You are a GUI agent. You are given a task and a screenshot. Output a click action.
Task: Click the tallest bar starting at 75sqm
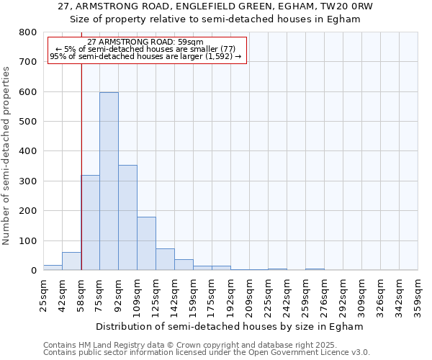pyautogui.click(x=109, y=181)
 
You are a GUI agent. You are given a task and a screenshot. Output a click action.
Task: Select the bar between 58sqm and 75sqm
pyautogui.click(x=90, y=222)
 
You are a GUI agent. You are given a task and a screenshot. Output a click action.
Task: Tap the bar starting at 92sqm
pyautogui.click(x=127, y=217)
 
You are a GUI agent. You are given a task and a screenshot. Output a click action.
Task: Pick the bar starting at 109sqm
pyautogui.click(x=146, y=243)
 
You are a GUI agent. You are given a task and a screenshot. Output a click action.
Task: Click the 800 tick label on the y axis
pyautogui.click(x=28, y=32)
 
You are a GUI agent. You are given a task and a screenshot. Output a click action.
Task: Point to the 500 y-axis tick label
pyautogui.click(x=28, y=122)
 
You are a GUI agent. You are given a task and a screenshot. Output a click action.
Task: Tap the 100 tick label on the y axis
pyautogui.click(x=28, y=240)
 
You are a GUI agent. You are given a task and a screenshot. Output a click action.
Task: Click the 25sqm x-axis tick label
pyautogui.click(x=44, y=296)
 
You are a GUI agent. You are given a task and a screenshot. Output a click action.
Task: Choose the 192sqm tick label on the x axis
pyautogui.click(x=230, y=296)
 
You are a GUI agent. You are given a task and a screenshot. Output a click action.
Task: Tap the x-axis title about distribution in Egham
pyautogui.click(x=230, y=326)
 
